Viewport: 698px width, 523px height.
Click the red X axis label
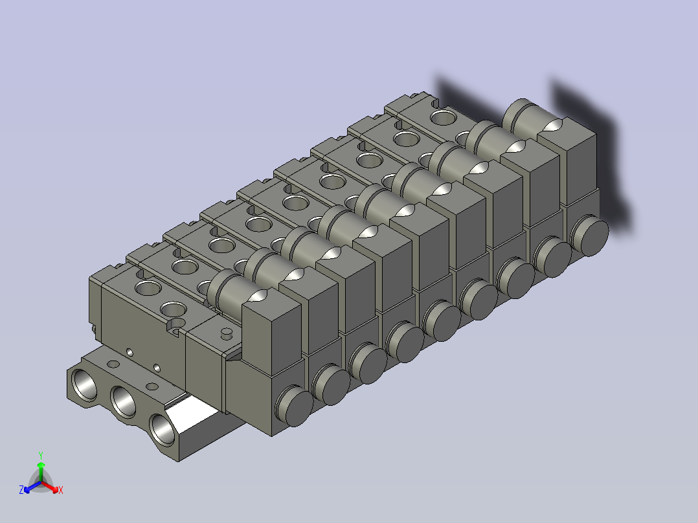[x=60, y=491]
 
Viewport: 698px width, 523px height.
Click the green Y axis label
[x=40, y=455]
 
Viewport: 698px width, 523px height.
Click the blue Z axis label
[x=21, y=491]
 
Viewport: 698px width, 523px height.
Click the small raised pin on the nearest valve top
[x=226, y=333]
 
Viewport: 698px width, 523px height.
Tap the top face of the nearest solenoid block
[x=271, y=310]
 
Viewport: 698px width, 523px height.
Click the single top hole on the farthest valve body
[x=443, y=117]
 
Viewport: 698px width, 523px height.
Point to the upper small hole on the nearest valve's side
[x=129, y=351]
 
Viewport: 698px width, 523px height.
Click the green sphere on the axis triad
[x=40, y=465]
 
